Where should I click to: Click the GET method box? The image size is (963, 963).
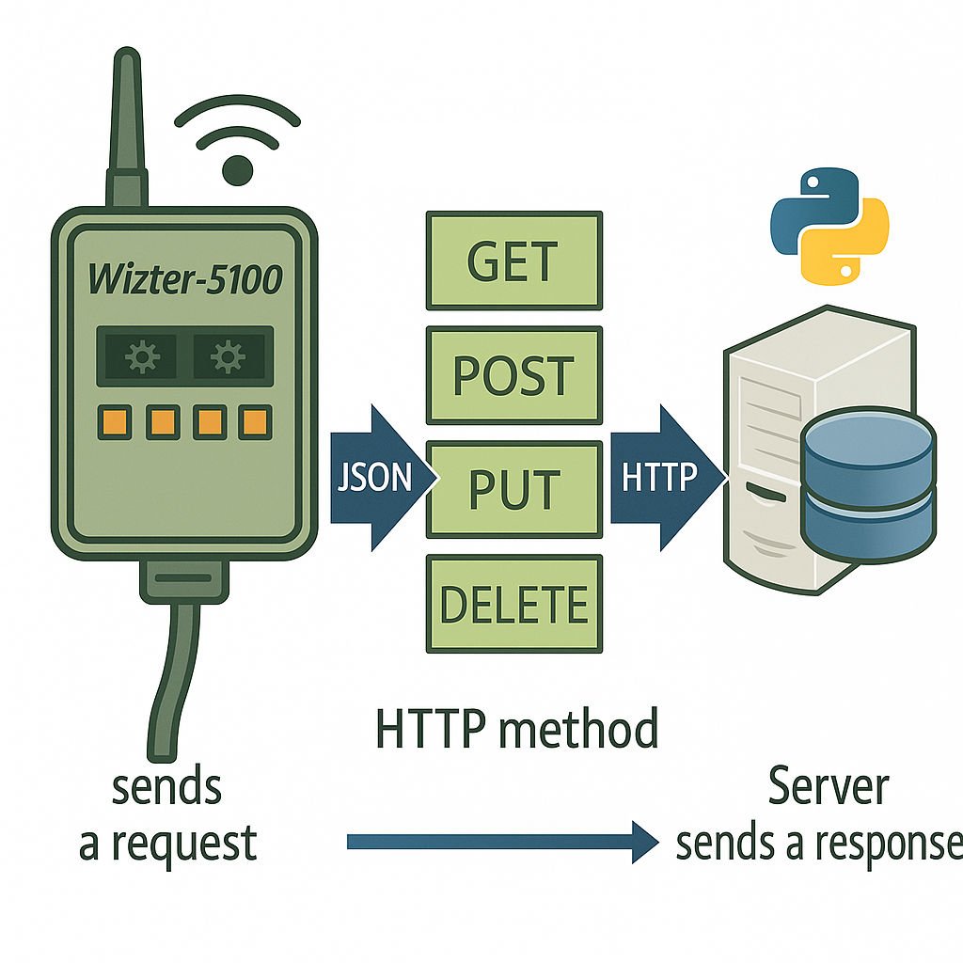(513, 260)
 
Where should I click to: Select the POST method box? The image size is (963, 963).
(513, 374)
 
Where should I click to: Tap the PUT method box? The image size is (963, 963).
(513, 489)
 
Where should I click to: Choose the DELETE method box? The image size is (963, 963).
(513, 604)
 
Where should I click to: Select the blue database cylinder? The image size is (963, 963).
(870, 484)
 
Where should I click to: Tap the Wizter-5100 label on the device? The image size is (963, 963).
(184, 278)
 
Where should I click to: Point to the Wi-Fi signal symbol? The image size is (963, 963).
(238, 141)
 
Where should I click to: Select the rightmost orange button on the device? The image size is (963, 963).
(253, 422)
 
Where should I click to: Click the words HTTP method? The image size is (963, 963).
(515, 730)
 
